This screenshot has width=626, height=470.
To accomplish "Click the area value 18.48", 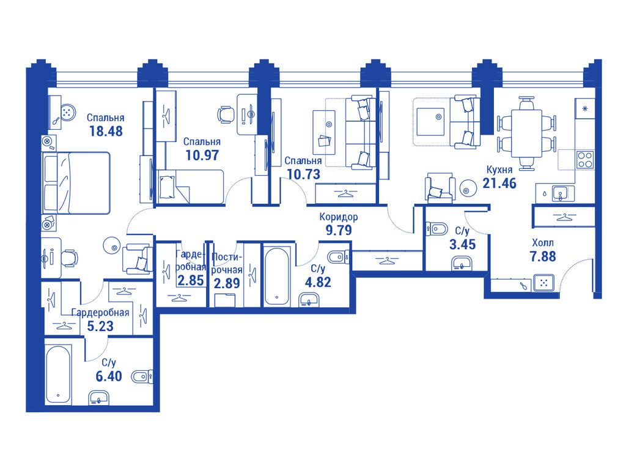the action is tap(106, 131).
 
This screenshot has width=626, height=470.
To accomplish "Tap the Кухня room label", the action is tap(499, 170).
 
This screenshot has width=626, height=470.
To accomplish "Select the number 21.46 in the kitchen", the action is tap(499, 183).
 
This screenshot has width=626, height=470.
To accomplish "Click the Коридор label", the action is tap(339, 217).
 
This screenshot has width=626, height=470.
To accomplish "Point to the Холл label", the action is tap(543, 242).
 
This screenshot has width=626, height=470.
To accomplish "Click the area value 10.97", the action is tap(202, 155).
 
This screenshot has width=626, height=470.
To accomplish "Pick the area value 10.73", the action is tap(303, 174).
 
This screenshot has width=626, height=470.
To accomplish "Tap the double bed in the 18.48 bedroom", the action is tap(76, 183).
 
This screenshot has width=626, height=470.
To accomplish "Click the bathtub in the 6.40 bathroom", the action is tap(58, 375).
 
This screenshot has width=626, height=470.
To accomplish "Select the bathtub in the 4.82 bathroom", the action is tap(277, 276).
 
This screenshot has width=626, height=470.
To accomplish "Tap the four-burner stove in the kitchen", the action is tap(585, 160).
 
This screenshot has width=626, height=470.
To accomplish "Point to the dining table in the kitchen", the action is tap(526, 133).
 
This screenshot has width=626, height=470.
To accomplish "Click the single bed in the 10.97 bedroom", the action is tap(191, 186).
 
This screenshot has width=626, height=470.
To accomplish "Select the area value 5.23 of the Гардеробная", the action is tap(100, 326).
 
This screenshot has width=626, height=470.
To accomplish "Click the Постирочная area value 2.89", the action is tap(227, 283).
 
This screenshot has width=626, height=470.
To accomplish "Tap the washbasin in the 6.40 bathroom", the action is tap(98, 398).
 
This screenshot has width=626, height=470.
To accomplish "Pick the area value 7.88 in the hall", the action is tap(543, 256).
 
